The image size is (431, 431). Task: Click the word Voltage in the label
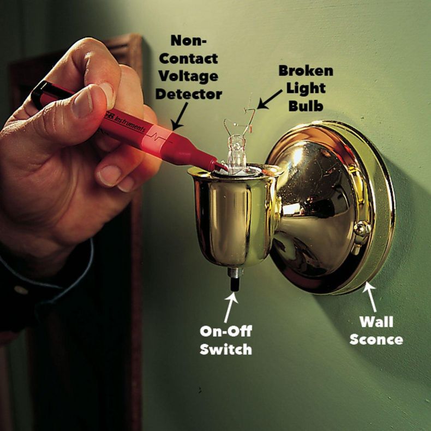[188, 77]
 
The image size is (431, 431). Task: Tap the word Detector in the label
[189, 94]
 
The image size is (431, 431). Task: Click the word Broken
[306, 70]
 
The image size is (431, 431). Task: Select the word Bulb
[306, 105]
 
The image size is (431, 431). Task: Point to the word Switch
[226, 349]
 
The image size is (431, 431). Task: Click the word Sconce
[376, 339]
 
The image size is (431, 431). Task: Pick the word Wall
[376, 321]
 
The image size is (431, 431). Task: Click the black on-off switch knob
[235, 285]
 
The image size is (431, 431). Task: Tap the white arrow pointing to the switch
[230, 307]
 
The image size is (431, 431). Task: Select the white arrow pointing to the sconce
[370, 297]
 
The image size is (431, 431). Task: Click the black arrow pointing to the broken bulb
[270, 99]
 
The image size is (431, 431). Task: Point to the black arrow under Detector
[181, 116]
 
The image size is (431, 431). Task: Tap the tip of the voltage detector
[225, 167]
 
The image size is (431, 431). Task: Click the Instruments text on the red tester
[129, 123]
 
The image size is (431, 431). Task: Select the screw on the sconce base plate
[362, 230]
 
